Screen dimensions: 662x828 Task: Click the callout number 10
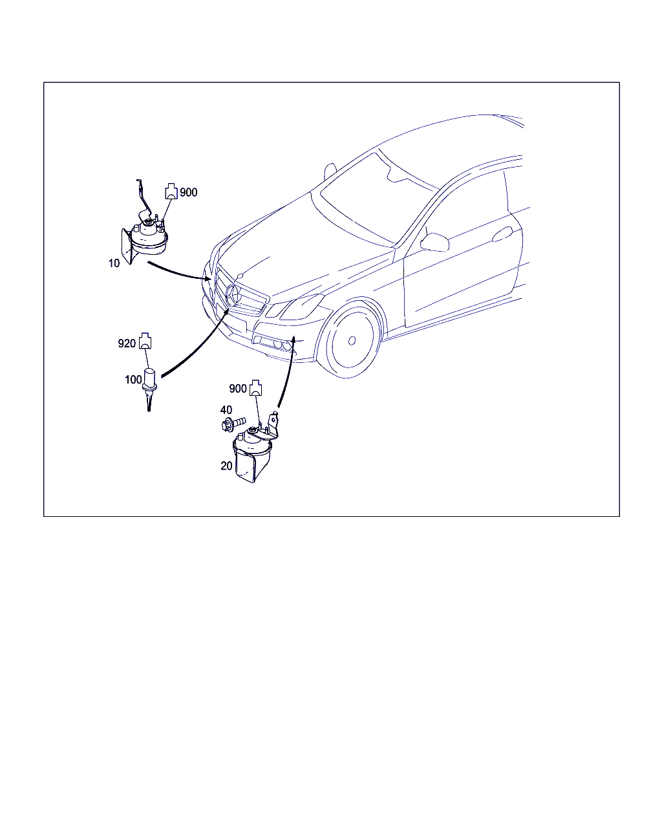tap(114, 263)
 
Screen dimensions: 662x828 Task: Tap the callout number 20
tap(226, 466)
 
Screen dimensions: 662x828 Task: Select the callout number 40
tap(226, 410)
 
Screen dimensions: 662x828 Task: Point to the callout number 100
tap(133, 380)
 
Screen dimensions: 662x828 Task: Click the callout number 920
tap(127, 343)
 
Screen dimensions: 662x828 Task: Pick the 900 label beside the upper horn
tap(189, 192)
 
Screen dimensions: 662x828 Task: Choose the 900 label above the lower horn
tap(238, 389)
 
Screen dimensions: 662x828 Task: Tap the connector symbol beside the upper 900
tap(171, 191)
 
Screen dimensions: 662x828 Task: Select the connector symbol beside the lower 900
tap(256, 388)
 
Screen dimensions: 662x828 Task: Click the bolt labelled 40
tap(233, 423)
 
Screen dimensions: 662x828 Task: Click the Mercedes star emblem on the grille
tap(233, 296)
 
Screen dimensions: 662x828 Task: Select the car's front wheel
tap(350, 340)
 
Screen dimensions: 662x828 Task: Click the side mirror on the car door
tap(435, 243)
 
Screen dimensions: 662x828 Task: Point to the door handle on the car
tap(502, 234)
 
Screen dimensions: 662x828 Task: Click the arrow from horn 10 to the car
tap(179, 273)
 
